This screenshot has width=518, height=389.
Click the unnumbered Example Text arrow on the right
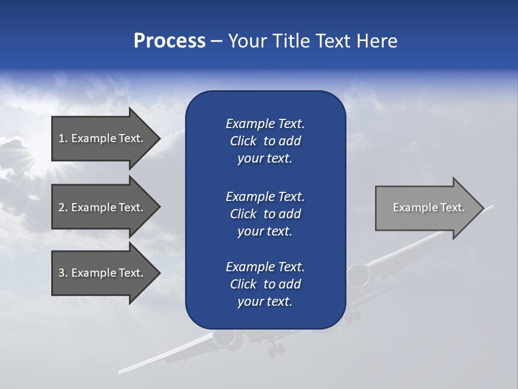(429, 207)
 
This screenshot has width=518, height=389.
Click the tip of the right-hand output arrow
(482, 208)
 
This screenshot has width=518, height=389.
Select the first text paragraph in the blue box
(265, 141)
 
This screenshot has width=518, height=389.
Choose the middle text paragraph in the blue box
(265, 214)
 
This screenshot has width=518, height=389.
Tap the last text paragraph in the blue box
(265, 284)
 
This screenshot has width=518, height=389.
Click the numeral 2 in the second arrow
(62, 207)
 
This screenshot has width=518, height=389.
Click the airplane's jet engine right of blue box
(358, 276)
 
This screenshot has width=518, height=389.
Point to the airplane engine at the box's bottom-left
(223, 337)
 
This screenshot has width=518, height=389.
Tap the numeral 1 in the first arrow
(62, 138)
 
